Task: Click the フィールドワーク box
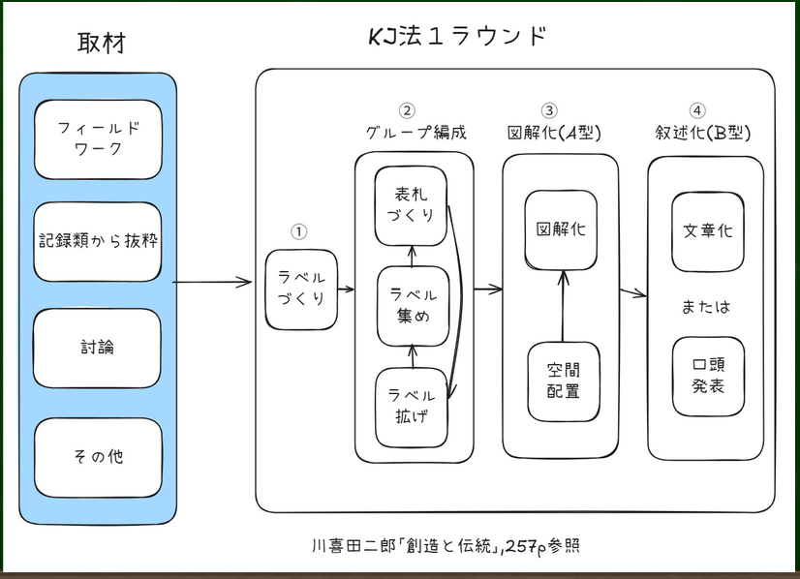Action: click(98, 139)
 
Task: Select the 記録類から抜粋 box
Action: click(98, 242)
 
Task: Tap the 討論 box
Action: click(97, 349)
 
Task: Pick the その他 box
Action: click(98, 458)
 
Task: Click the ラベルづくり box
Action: click(301, 289)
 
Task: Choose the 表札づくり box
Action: click(411, 206)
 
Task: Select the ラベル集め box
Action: click(414, 306)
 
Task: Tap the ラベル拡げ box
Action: click(412, 408)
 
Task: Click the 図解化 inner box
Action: click(561, 230)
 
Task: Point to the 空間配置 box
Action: click(564, 381)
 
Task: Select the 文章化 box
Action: click(708, 232)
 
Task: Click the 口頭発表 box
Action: click(708, 377)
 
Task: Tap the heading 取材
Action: click(102, 43)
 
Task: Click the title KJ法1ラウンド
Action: click(458, 36)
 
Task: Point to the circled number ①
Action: click(299, 232)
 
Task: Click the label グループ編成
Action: click(415, 133)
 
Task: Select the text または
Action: click(706, 307)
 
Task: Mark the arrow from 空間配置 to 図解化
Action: click(563, 306)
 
